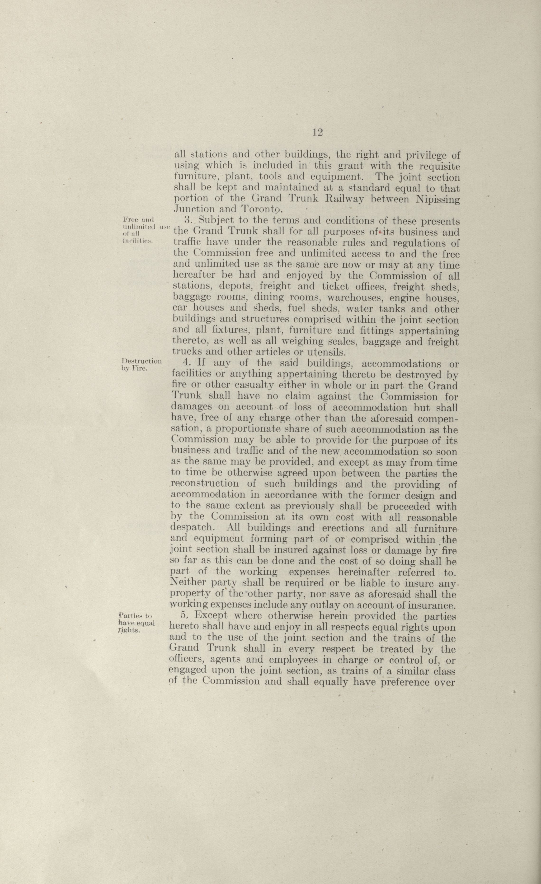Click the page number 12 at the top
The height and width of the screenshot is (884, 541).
[318, 132]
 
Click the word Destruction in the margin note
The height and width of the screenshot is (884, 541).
[141, 361]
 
